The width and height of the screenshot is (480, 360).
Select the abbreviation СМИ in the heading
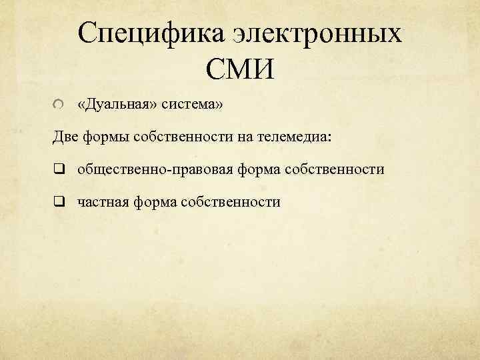(x=239, y=69)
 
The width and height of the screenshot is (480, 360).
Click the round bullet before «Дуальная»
(x=59, y=105)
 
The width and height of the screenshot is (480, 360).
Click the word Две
(x=66, y=137)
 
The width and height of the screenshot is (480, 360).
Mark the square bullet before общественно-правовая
(x=59, y=169)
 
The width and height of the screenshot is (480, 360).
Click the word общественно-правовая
(x=154, y=169)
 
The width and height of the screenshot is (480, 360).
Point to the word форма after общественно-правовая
(x=258, y=169)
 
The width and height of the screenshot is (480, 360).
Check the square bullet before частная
(x=59, y=201)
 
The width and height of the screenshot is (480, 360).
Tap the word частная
(x=103, y=201)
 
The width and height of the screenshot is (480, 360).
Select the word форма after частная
(x=155, y=201)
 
